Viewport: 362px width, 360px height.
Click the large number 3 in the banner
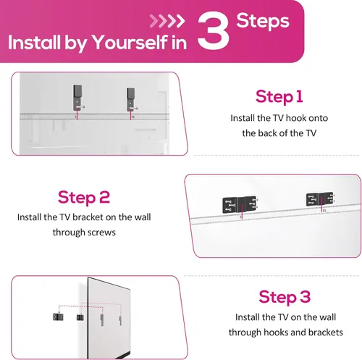point(213,30)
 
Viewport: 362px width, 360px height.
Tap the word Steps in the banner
point(263,21)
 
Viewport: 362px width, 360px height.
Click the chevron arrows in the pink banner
point(167,21)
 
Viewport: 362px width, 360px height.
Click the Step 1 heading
point(279,97)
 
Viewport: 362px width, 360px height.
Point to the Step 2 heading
point(84,198)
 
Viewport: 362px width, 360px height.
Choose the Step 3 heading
point(285,296)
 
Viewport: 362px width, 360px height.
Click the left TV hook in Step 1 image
point(77,98)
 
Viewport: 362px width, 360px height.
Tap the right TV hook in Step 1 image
point(131,99)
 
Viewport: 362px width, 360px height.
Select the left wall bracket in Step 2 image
point(239,204)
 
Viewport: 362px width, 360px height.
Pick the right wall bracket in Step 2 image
point(319,199)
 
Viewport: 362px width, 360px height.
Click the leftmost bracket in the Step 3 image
point(58,317)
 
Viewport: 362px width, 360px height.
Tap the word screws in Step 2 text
point(101,233)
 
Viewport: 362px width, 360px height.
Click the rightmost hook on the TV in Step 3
point(120,320)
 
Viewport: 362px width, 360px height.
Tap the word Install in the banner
point(34,43)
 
